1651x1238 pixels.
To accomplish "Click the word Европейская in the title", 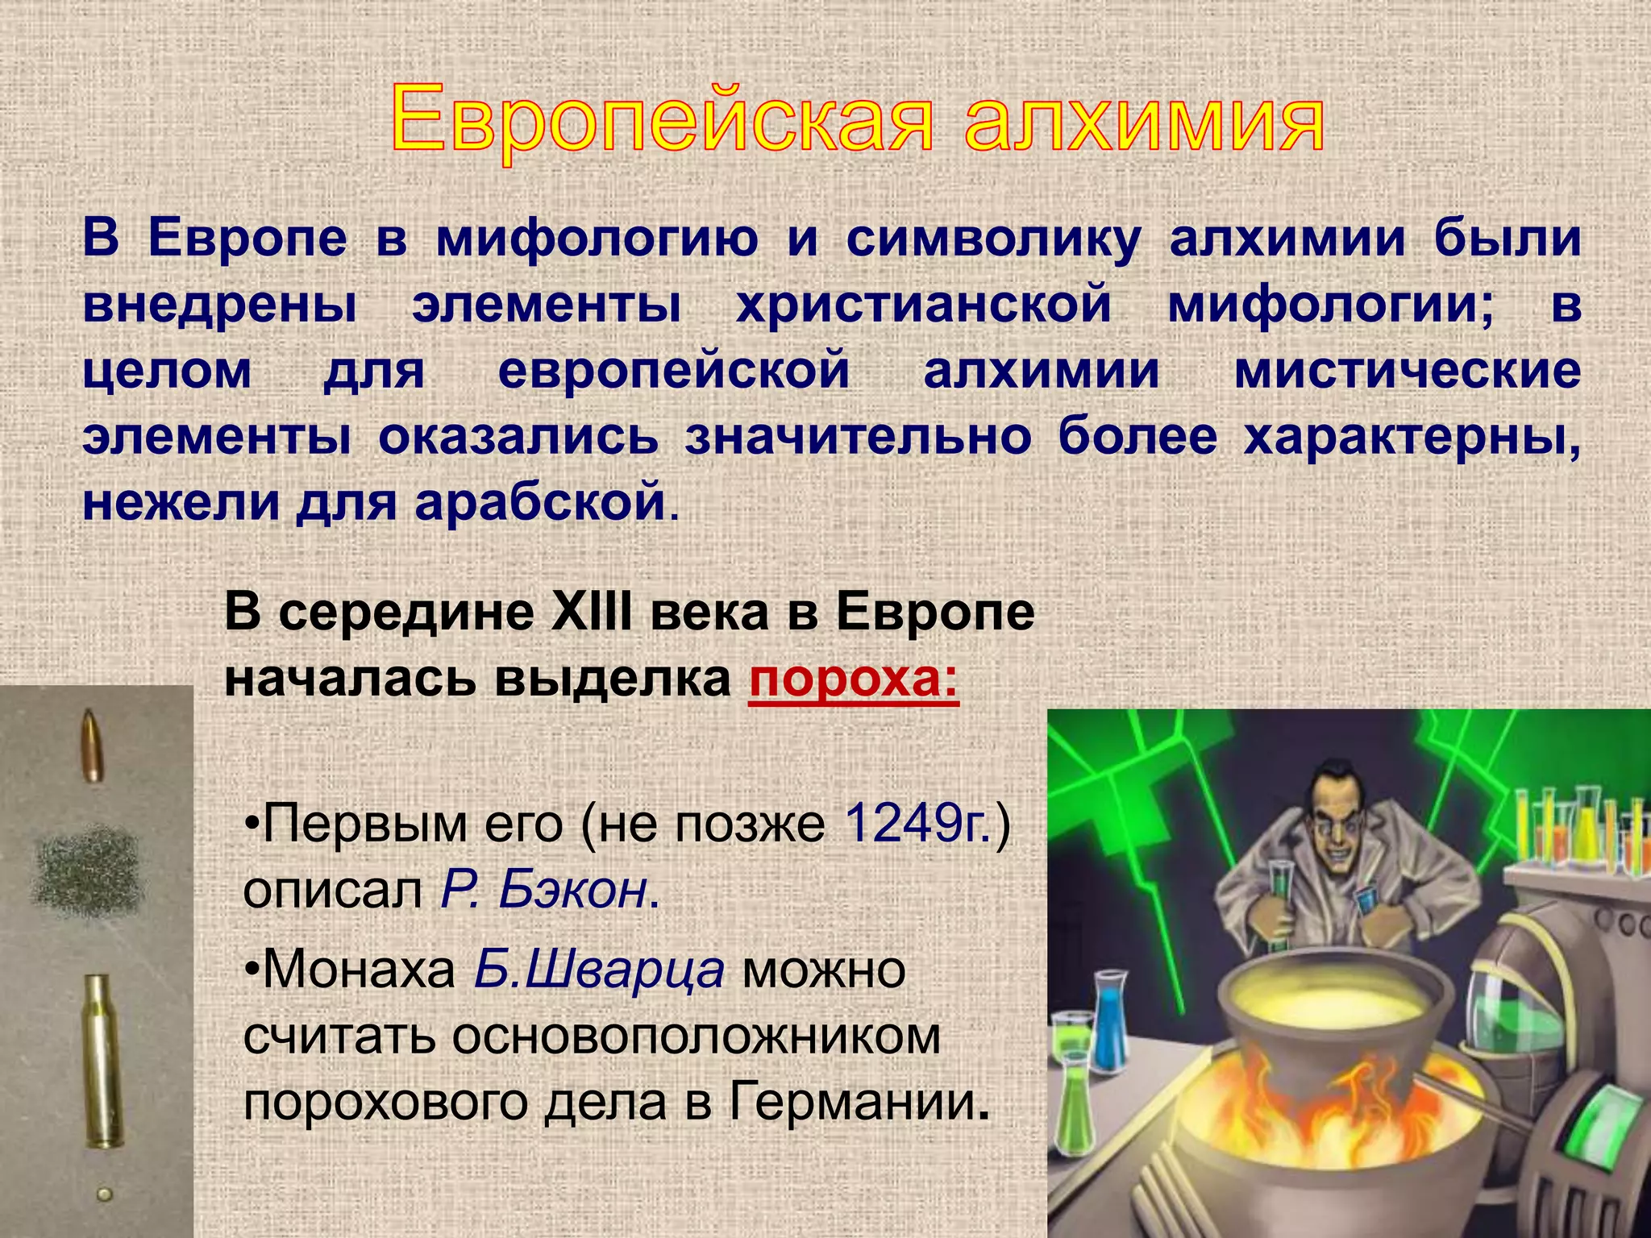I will [661, 121].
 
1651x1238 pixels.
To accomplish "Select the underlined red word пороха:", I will [853, 679].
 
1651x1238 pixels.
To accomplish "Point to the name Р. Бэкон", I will [545, 890].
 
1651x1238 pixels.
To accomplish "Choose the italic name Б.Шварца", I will [598, 970].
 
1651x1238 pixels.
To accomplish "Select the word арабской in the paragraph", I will [540, 502].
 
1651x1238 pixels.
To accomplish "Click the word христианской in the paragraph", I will [923, 305].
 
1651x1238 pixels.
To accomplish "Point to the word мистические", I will [1407, 371].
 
